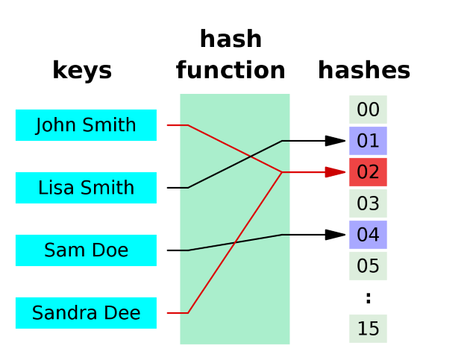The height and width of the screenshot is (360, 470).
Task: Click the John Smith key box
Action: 86,125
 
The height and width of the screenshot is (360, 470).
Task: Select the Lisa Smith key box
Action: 86,188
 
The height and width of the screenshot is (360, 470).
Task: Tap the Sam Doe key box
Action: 86,250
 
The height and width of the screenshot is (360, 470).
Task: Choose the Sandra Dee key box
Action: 86,313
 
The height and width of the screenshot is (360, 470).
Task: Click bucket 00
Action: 368,110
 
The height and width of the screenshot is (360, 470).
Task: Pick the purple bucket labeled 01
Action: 368,141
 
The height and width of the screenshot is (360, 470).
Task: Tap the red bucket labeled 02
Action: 368,172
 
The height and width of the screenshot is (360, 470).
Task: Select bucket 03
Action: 368,203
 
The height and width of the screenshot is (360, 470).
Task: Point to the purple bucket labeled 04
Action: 368,235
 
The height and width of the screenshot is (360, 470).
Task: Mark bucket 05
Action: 368,266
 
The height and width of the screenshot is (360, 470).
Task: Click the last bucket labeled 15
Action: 368,329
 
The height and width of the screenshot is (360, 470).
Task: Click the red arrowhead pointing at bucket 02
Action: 335,172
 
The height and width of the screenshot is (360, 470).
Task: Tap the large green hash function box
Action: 235,298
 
